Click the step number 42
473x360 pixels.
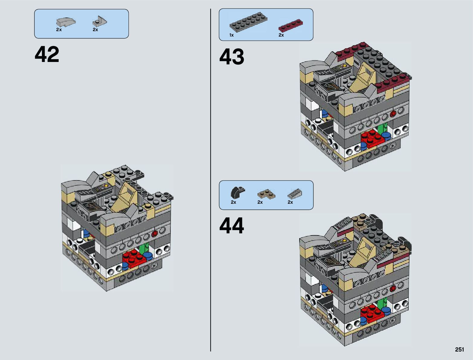pyautogui.click(x=47, y=55)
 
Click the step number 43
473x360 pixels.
pyautogui.click(x=232, y=57)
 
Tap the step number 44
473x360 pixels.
pyautogui.click(x=232, y=226)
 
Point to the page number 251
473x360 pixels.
pyautogui.click(x=459, y=350)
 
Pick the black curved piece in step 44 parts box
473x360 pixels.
pyautogui.click(x=237, y=192)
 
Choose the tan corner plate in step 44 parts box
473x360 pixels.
pyautogui.click(x=266, y=194)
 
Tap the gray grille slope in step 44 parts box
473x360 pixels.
pyautogui.click(x=295, y=193)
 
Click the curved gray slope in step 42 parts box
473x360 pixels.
pyautogui.click(x=66, y=22)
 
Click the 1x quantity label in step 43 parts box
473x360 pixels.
pyautogui.click(x=232, y=35)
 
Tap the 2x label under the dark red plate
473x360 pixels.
pyautogui.click(x=281, y=35)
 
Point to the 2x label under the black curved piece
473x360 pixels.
pyautogui.click(x=233, y=202)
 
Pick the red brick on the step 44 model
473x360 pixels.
pyautogui.click(x=372, y=314)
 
